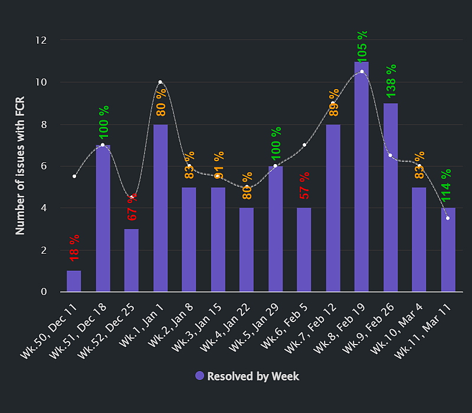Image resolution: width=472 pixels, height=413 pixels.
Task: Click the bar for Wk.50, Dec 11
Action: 74,281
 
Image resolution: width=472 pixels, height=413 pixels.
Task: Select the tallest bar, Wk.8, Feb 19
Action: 362,177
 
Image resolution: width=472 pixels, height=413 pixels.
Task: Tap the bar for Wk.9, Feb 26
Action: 391,198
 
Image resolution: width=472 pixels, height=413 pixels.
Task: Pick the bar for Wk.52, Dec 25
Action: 132,260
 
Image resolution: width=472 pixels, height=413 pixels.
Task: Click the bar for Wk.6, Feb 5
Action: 304,250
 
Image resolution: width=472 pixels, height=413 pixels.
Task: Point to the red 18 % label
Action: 74,248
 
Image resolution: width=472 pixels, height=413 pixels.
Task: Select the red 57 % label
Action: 304,186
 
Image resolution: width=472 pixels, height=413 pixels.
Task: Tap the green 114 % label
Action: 447,185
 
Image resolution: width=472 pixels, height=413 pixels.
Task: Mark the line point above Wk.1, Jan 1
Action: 160,82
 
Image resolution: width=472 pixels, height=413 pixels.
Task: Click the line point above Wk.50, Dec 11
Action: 74,176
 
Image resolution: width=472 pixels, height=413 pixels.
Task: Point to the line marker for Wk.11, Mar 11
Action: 448,218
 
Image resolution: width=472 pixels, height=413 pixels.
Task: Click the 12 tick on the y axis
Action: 41,40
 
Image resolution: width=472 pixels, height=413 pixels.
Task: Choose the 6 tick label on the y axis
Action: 44,166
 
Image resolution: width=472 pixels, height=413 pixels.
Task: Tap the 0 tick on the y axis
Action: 44,292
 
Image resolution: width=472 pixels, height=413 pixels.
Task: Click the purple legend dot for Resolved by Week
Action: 199,376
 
